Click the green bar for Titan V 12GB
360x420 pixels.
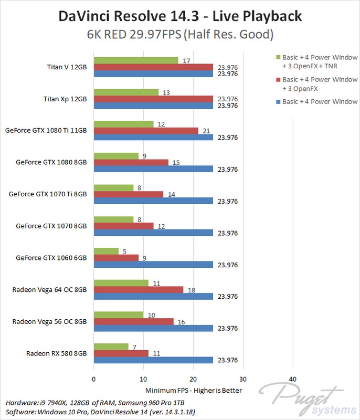pos(135,60)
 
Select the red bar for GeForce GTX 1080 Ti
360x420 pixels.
pos(145,131)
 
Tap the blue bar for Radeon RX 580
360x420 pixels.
pos(153,360)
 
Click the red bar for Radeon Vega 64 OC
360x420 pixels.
pos(138,290)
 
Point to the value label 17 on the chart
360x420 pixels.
pos(186,60)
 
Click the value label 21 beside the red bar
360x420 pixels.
pos(206,131)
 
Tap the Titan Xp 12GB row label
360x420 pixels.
pos(66,99)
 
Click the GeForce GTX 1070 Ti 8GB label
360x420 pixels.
pos(47,194)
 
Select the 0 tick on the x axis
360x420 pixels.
pos(93,379)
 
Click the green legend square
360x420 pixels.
pos(277,57)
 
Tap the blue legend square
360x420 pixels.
pos(277,101)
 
